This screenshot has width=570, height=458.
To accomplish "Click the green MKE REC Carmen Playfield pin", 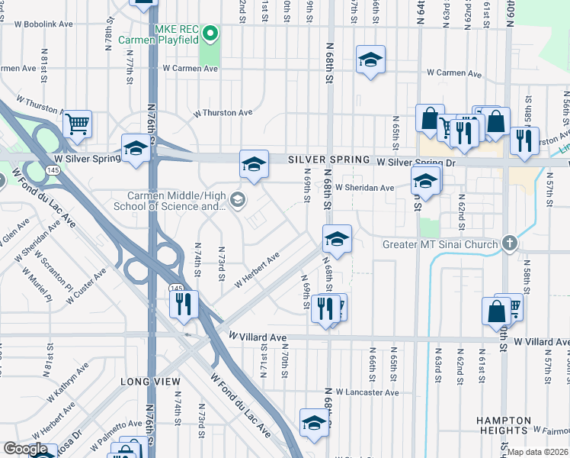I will tap(213, 34).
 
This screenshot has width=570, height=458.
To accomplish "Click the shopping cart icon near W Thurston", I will tap(78, 124).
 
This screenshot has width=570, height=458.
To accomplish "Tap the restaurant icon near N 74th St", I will tap(184, 304).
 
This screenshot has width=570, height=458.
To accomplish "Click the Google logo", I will tap(25, 450).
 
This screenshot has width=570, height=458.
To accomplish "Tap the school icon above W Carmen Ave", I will tap(370, 60).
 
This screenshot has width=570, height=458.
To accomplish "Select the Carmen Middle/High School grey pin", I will tap(237, 200).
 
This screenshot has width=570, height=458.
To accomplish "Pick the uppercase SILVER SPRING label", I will tap(329, 160).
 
